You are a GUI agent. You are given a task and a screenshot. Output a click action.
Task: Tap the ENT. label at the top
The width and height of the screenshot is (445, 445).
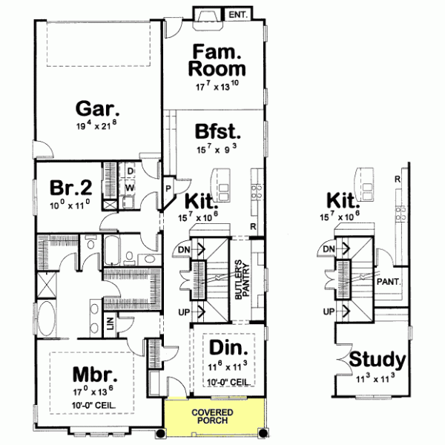(238, 14)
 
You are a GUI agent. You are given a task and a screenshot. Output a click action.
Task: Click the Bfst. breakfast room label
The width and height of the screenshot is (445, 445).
(218, 132)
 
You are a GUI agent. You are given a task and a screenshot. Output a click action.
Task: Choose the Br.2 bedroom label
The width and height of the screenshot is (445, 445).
(67, 186)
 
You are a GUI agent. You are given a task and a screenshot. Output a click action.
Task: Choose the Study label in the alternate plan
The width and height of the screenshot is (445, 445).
(378, 360)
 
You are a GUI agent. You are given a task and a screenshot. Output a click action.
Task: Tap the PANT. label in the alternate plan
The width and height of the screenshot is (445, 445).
(388, 281)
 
